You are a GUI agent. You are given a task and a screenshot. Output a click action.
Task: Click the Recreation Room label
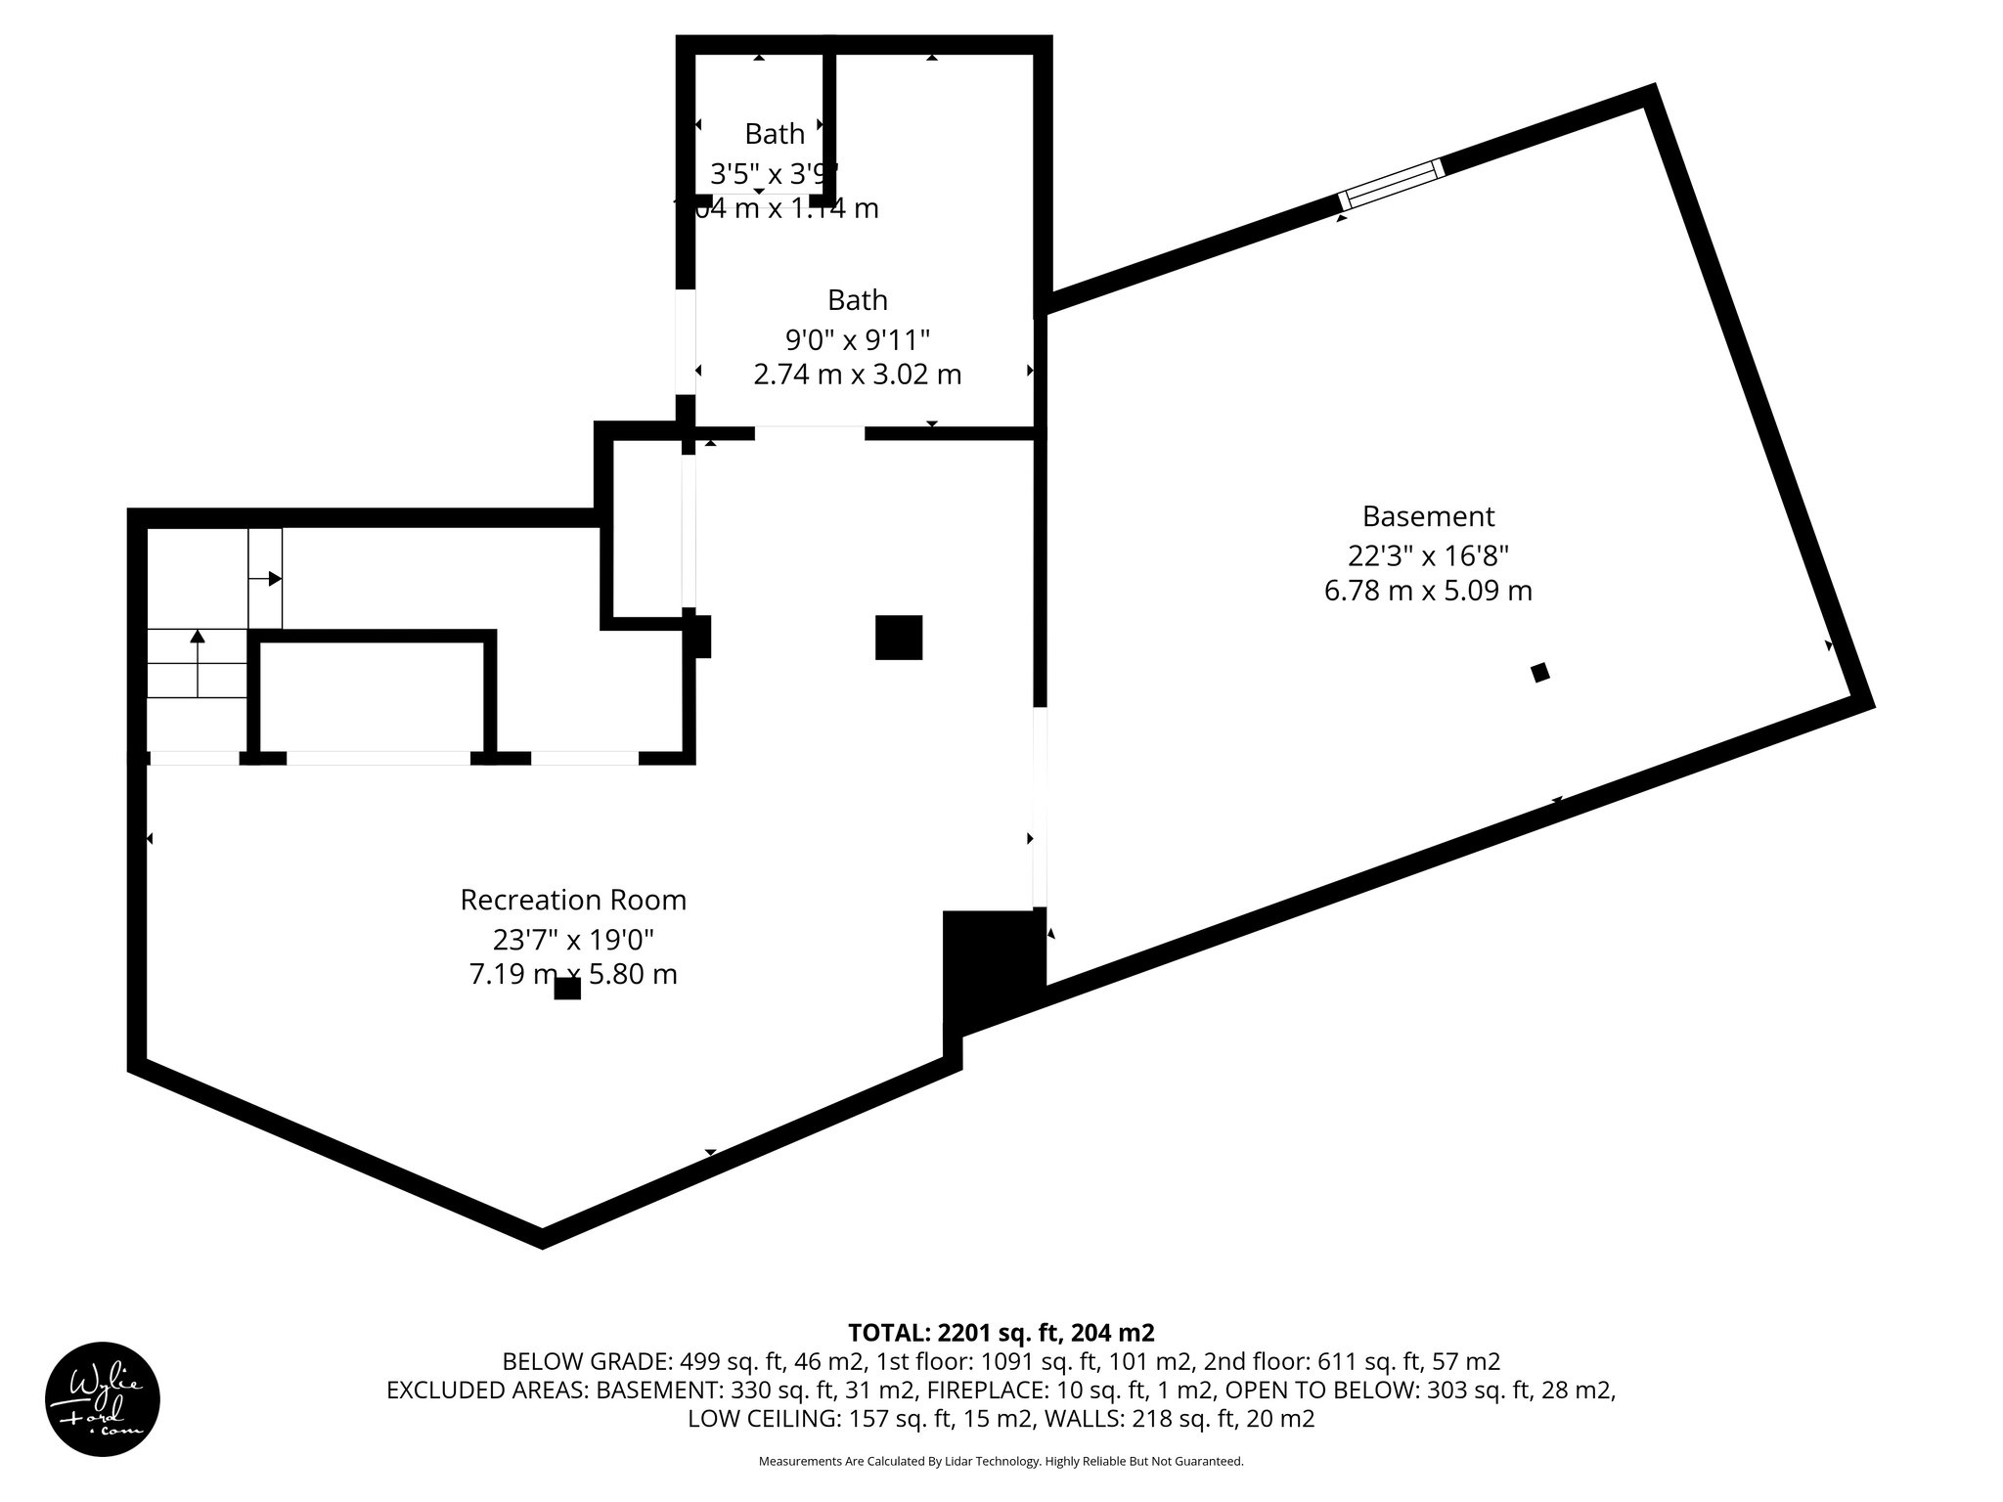[x=573, y=900]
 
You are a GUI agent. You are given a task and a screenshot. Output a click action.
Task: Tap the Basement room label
[x=1428, y=516]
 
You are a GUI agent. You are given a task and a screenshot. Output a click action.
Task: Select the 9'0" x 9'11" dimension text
[x=857, y=339]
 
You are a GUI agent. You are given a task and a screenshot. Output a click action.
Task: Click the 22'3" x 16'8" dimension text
[x=1428, y=555]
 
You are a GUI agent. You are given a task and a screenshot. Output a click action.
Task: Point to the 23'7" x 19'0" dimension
[x=573, y=940]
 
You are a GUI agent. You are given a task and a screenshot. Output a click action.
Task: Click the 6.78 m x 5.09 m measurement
[x=1428, y=592]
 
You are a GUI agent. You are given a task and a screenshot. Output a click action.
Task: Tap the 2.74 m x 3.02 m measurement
[x=857, y=375]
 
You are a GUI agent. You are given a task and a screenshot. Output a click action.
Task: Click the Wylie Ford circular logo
[x=103, y=1399]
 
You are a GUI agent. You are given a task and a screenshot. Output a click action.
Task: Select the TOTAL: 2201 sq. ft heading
[x=1001, y=1333]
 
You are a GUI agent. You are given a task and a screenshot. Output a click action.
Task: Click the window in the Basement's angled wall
[x=1391, y=184]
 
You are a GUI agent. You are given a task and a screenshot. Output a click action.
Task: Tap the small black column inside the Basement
[x=1539, y=672]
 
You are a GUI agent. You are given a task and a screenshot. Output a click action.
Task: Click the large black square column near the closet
[x=898, y=638]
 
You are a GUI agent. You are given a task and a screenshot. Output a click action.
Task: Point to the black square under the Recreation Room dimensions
[x=567, y=989]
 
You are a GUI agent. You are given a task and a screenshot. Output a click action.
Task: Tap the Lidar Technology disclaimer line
[x=1001, y=1461]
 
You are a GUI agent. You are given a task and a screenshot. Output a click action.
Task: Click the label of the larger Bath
[x=857, y=299]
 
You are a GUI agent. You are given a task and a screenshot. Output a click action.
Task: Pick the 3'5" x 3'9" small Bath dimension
[x=774, y=174]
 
